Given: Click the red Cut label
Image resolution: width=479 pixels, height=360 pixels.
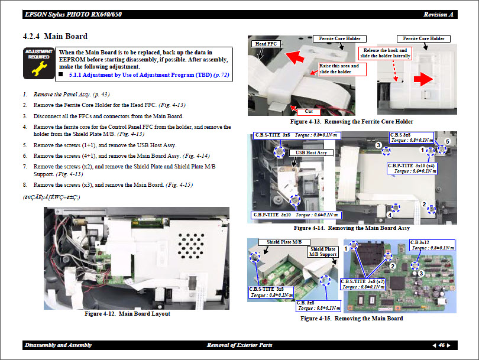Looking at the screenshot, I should click(x=308, y=111).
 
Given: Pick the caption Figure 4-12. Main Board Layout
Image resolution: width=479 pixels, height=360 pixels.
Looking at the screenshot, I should click(x=127, y=313).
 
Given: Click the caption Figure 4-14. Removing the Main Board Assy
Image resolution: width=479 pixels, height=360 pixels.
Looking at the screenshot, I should click(x=351, y=228).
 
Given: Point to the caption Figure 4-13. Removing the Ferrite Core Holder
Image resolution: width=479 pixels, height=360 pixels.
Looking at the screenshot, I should click(x=352, y=122).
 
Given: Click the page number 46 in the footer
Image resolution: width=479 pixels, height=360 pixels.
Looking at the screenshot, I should click(x=442, y=345).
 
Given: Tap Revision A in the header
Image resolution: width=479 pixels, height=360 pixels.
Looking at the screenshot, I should click(x=438, y=14).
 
